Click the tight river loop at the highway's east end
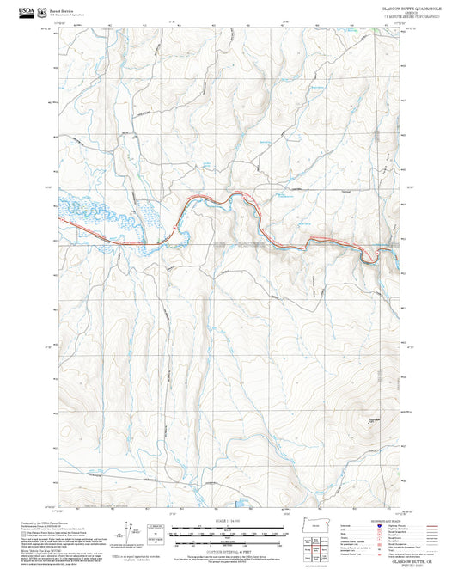[x=369, y=254]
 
